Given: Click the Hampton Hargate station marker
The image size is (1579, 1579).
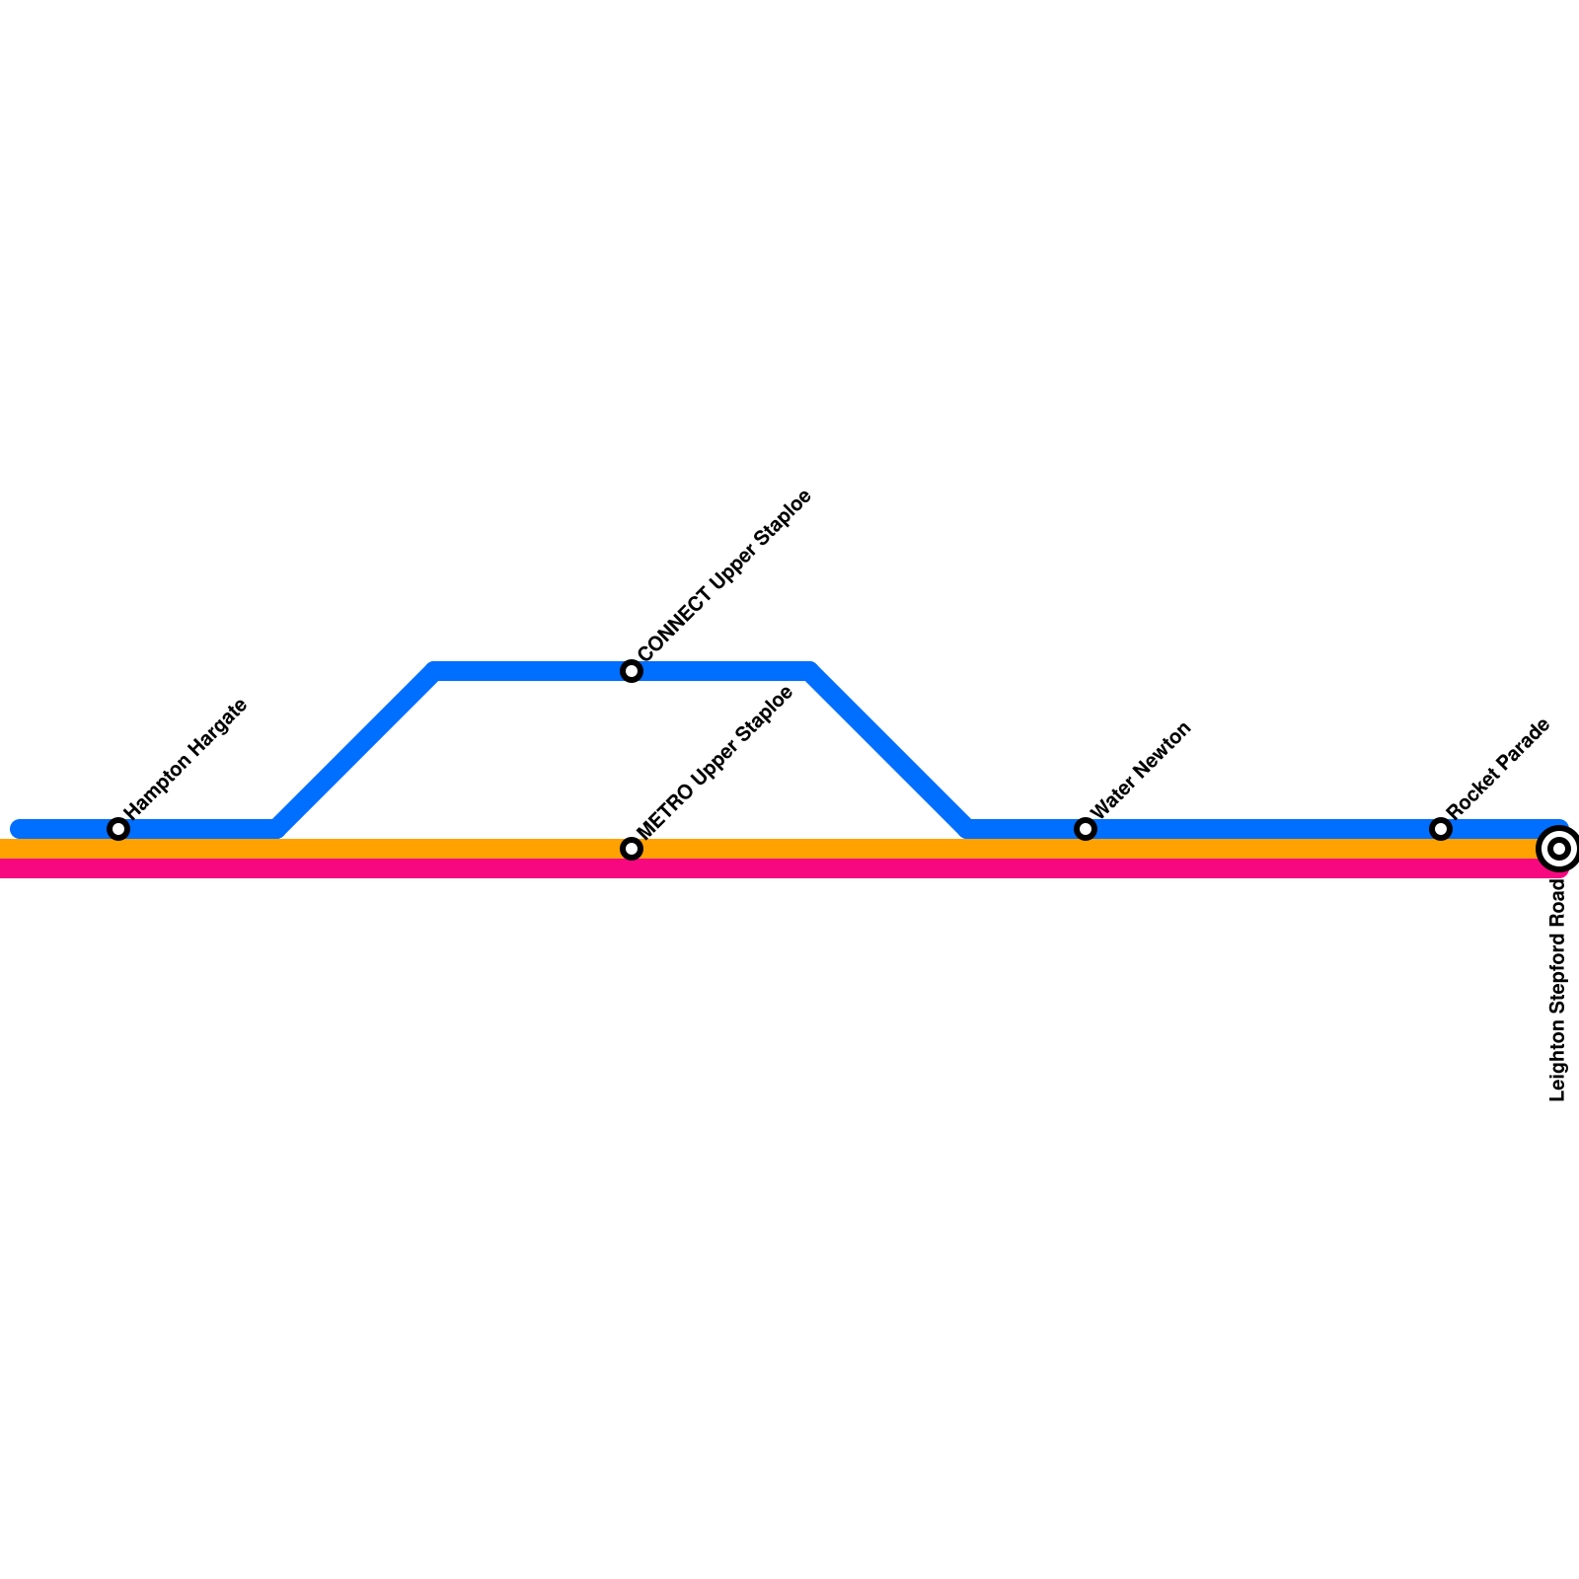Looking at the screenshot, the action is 118,829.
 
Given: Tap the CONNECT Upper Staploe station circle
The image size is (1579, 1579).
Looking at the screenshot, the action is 632,671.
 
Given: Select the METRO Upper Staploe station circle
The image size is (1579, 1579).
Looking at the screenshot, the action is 632,849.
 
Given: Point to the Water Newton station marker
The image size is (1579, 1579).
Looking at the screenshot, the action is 1086,829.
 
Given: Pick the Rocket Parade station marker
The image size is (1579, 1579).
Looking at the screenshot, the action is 1441,829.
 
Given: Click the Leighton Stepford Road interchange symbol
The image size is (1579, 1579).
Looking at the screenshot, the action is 1558,848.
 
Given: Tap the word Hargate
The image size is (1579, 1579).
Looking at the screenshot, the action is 218,726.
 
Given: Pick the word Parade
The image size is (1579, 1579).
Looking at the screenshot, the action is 1523,743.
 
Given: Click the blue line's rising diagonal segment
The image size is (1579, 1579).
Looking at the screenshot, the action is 355,750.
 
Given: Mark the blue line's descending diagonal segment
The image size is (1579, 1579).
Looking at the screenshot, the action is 888,750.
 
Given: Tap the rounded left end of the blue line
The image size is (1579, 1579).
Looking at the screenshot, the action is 19,829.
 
